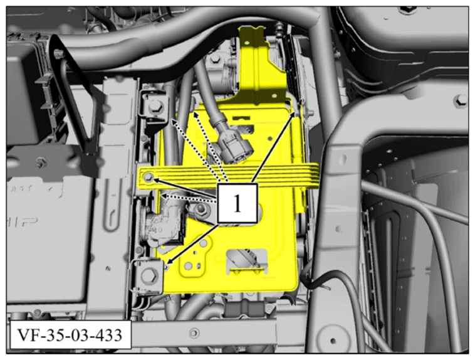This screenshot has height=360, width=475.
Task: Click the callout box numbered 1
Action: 237,203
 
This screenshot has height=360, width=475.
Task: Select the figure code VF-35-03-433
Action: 70,335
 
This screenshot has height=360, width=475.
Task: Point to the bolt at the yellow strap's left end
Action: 149,177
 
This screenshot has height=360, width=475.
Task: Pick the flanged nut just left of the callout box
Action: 201,209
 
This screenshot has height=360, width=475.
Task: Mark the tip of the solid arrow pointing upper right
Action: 295,112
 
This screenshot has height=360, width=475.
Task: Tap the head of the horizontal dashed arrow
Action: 161,196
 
